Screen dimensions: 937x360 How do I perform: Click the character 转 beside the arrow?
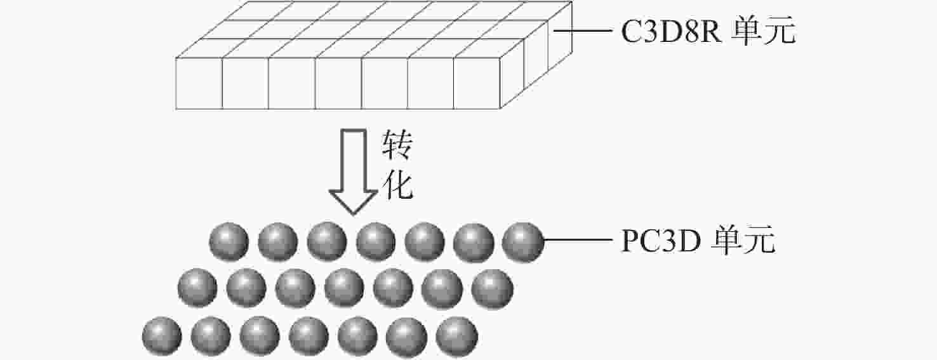pos(397,145)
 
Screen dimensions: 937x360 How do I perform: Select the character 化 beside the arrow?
pos(397,184)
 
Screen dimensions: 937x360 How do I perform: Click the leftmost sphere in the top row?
pos(229,242)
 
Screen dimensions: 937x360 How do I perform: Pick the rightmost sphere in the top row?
pos(523,242)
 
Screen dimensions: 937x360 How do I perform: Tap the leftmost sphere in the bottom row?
pos(162,336)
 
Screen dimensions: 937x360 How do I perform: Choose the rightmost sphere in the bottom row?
pos(457,336)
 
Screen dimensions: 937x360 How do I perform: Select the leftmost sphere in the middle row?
pos(197,288)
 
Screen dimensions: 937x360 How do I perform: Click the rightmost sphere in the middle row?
pos(493,289)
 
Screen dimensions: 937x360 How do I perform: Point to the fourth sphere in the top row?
pos(376,242)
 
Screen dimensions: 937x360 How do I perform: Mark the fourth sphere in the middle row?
pos(344,288)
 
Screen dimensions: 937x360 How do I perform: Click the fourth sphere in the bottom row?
pos(309,336)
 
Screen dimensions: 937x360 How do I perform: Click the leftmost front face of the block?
pos(199,83)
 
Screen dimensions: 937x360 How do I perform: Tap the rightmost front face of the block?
pos(477,83)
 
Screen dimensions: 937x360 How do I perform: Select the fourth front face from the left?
pos(338,83)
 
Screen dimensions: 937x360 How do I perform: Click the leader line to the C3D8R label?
pos(582,30)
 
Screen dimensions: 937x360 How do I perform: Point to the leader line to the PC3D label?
pos(577,240)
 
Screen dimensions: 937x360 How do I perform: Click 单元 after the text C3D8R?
pos(764,30)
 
